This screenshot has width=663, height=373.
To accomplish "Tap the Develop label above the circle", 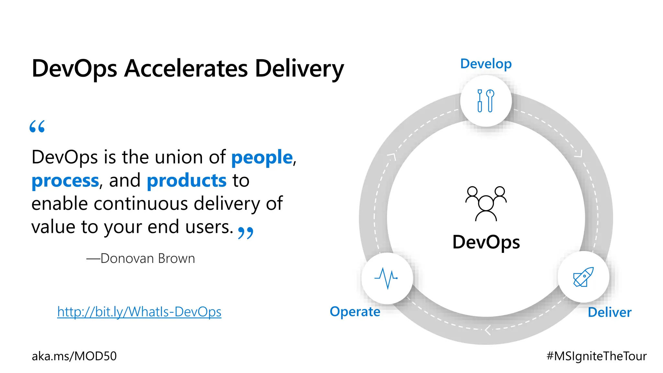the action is (486, 64).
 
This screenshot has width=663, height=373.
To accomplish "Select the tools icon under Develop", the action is (486, 101).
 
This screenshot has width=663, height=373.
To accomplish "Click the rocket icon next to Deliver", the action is (583, 277).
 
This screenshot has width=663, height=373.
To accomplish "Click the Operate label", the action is (355, 311).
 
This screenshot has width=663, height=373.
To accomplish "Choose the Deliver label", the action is (610, 312).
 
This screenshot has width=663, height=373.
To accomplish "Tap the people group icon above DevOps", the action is (486, 203).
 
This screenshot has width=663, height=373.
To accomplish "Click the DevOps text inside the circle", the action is (486, 242).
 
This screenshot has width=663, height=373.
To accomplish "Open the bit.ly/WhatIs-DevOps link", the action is (139, 312).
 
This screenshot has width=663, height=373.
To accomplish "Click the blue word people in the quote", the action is (262, 157).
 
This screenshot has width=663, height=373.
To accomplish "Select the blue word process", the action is (65, 181).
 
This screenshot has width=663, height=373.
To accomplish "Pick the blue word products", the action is (186, 181).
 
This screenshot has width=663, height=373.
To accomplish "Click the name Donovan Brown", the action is (148, 258).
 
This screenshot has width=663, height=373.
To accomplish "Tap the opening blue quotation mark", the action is (37, 127).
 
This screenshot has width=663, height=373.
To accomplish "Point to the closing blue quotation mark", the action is (245, 232).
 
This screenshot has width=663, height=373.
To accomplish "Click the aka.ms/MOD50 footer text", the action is (74, 356).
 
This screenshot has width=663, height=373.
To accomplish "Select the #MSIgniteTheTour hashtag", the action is (596, 356).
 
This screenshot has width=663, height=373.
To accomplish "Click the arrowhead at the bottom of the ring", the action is (488, 330).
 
